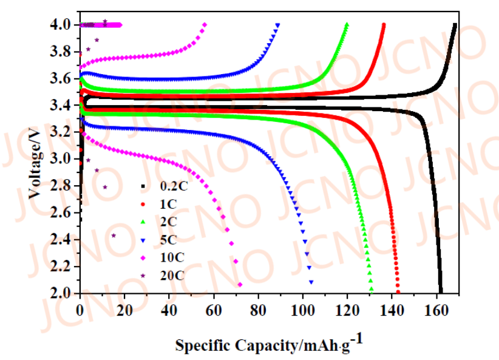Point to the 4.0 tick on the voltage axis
pos(62,25)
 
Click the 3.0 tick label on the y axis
pos(62,159)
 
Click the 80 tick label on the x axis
pos(259,309)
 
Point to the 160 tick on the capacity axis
pos(438,309)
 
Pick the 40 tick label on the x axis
pos(169,309)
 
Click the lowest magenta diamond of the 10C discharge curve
pos(240,285)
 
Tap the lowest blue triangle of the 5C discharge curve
pos(311,282)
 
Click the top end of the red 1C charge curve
pos(384,25)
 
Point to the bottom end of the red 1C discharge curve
pos(398,291)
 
